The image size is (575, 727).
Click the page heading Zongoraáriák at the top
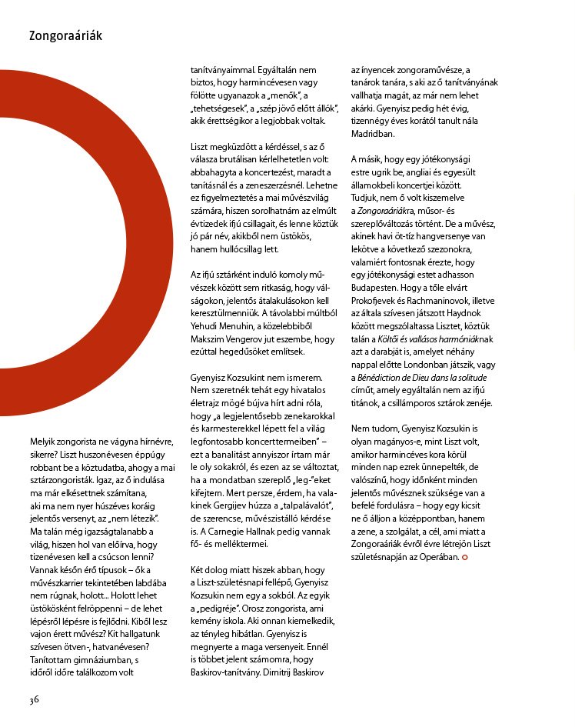pyautogui.click(x=65, y=35)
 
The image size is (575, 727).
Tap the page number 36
pyautogui.click(x=34, y=699)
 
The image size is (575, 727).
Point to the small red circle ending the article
pyautogui.click(x=464, y=556)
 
